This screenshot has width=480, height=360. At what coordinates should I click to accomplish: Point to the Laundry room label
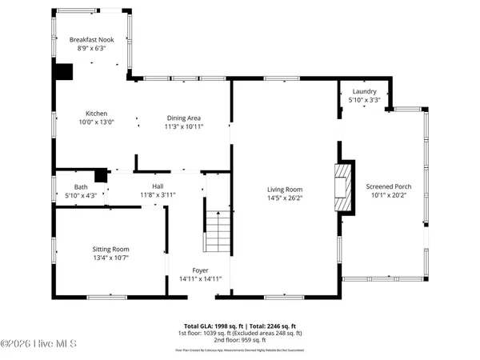(x=364, y=92)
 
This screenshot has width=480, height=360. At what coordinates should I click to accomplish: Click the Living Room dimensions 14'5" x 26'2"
(x=285, y=198)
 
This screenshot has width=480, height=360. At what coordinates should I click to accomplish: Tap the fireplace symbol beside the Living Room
(x=342, y=186)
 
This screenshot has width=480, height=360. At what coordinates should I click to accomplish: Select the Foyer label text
(x=200, y=270)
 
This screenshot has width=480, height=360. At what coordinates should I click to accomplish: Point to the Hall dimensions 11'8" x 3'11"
(x=158, y=194)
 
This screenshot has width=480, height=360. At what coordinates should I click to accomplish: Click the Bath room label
(x=81, y=186)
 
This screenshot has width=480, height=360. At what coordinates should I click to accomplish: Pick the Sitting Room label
(x=110, y=249)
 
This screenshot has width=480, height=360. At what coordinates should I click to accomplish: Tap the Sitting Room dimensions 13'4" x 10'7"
(x=110, y=258)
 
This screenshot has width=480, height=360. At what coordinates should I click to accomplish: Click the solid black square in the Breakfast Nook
(x=63, y=71)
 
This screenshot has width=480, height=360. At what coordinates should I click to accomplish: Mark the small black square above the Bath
(x=100, y=176)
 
